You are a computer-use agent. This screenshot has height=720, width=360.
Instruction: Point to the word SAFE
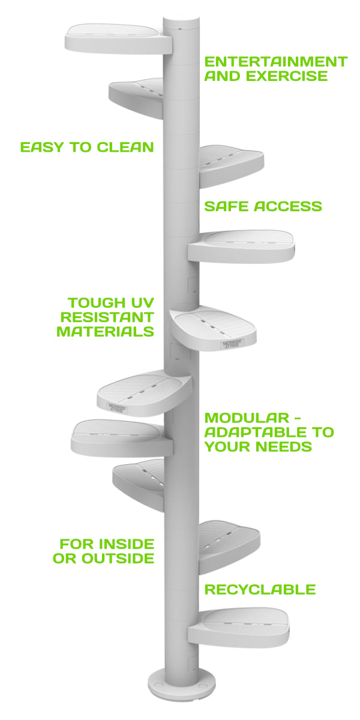(x=227, y=206)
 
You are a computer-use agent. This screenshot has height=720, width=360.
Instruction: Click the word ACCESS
(x=289, y=206)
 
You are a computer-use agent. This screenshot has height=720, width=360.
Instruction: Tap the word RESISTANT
(x=106, y=317)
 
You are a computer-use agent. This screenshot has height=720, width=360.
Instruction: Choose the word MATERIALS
(x=106, y=331)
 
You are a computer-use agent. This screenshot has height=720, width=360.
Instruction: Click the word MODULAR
(x=239, y=418)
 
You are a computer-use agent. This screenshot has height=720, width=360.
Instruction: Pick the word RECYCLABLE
(x=260, y=590)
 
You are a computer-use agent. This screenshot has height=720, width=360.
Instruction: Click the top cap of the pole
(x=181, y=23)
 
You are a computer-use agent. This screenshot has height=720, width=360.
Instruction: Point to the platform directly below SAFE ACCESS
(x=243, y=246)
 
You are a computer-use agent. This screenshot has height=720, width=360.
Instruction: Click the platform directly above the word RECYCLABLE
(x=231, y=543)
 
